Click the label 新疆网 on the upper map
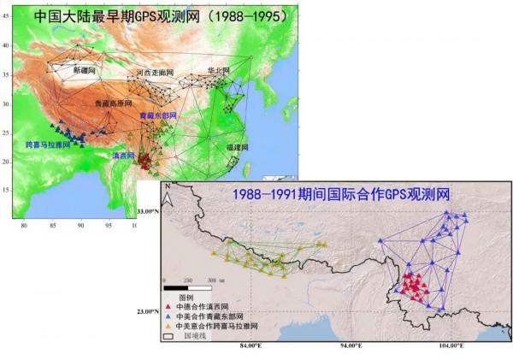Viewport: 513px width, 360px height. point(85,69)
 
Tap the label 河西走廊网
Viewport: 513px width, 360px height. point(158,74)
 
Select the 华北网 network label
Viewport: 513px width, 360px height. point(219,70)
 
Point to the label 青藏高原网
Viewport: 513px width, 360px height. point(114,103)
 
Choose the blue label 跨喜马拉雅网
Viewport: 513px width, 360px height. point(49,145)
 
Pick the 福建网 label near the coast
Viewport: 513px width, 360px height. point(239,147)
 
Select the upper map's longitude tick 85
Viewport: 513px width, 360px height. point(53,226)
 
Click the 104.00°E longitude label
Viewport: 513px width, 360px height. point(450,345)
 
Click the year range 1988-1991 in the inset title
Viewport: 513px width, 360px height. point(273,193)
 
